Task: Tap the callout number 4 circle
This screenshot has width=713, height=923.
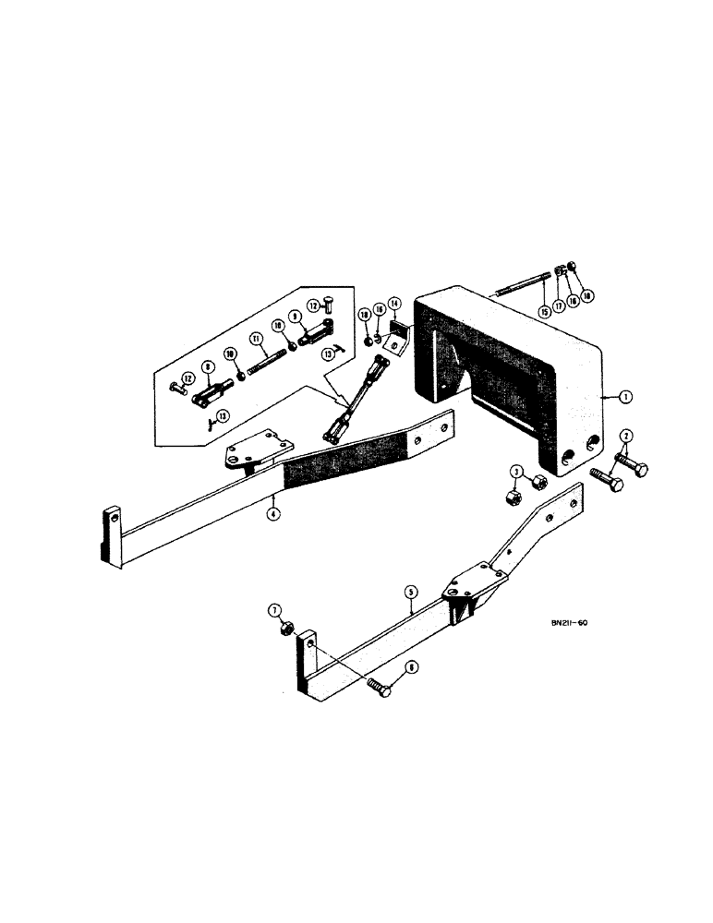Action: point(273,513)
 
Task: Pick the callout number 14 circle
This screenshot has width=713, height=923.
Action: point(394,303)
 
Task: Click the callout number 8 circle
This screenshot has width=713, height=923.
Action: point(210,366)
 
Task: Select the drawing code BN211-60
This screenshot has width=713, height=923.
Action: point(562,623)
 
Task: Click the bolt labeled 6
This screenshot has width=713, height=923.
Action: point(376,688)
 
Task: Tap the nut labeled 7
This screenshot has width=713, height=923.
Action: point(287,628)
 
